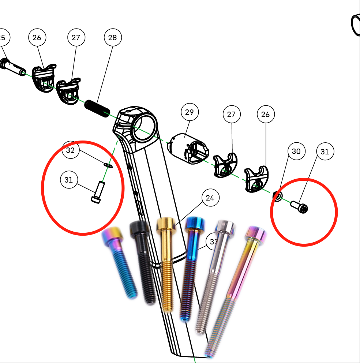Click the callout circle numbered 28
pyautogui.click(x=113, y=38)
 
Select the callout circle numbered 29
pyautogui.click(x=189, y=112)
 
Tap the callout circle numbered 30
pyautogui.click(x=296, y=151)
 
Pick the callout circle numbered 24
pyautogui.click(x=210, y=198)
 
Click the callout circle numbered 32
pyautogui.click(x=71, y=150)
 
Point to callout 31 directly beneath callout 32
pyautogui.click(x=69, y=180)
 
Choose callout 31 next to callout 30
pyautogui.click(x=325, y=151)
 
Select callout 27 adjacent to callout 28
pyautogui.click(x=76, y=38)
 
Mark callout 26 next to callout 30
pyautogui.click(x=266, y=115)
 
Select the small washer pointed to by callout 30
pyautogui.click(x=278, y=197)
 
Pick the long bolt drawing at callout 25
pyautogui.click(x=13, y=68)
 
